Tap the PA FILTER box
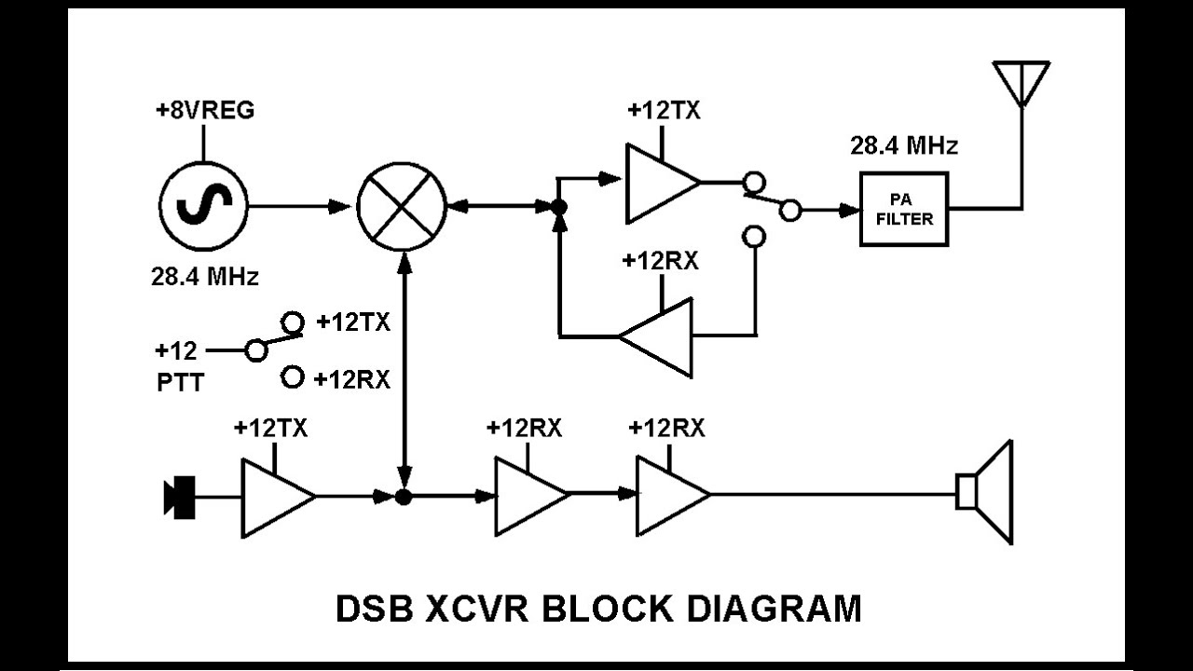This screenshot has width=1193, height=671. click(x=903, y=210)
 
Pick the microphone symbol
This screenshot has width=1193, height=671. click(x=180, y=496)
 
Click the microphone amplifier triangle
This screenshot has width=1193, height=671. click(x=274, y=497)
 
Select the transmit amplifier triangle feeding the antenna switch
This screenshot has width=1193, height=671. click(x=658, y=183)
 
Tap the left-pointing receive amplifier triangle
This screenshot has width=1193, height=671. click(x=661, y=336)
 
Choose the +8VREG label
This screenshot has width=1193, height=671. click(x=204, y=111)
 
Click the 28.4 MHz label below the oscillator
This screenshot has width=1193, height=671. click(x=205, y=277)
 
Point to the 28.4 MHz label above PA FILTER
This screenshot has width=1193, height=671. click(x=903, y=146)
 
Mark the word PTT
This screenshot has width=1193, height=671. click(x=180, y=382)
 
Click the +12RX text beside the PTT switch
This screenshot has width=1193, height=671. click(x=351, y=379)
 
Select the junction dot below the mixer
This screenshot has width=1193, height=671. click(x=404, y=497)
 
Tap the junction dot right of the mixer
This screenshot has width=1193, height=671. click(x=558, y=208)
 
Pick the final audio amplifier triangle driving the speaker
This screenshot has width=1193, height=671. click(x=669, y=496)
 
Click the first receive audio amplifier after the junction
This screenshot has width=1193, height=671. click(x=528, y=496)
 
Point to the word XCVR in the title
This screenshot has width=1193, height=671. click(x=477, y=609)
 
